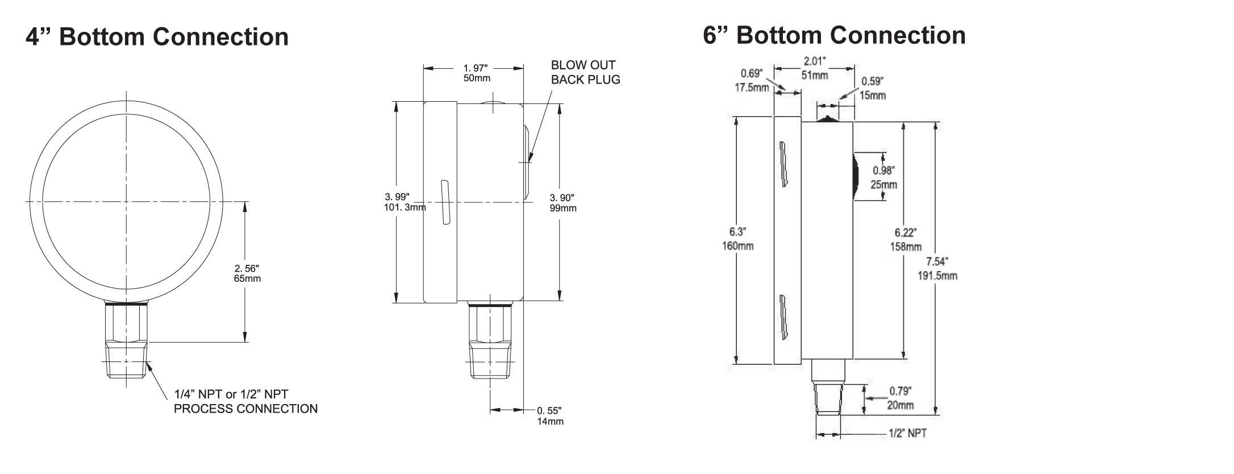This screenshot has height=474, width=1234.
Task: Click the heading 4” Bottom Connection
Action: (x=157, y=37)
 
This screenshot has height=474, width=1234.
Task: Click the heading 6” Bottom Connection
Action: (x=834, y=35)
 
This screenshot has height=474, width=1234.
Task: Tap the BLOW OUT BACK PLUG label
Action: (x=585, y=72)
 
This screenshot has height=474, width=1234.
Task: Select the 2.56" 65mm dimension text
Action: (x=247, y=273)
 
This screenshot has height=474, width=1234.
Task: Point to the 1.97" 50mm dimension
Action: (x=477, y=73)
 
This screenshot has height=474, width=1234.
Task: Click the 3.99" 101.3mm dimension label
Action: (x=405, y=202)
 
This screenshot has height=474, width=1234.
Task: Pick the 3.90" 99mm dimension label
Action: (x=562, y=203)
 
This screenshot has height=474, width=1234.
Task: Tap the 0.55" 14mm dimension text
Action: (x=550, y=415)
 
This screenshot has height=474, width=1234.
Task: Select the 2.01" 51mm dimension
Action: (x=814, y=68)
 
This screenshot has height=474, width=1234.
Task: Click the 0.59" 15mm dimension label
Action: (x=873, y=88)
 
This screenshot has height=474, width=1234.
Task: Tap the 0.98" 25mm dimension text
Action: (x=883, y=177)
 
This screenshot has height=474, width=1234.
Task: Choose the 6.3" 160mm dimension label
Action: (x=737, y=239)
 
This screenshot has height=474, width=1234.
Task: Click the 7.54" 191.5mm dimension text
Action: (x=937, y=268)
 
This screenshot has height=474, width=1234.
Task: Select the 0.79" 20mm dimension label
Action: (x=901, y=398)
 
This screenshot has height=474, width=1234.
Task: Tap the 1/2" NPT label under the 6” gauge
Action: (x=907, y=434)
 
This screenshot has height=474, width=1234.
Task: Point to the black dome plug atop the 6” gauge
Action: (x=827, y=119)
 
